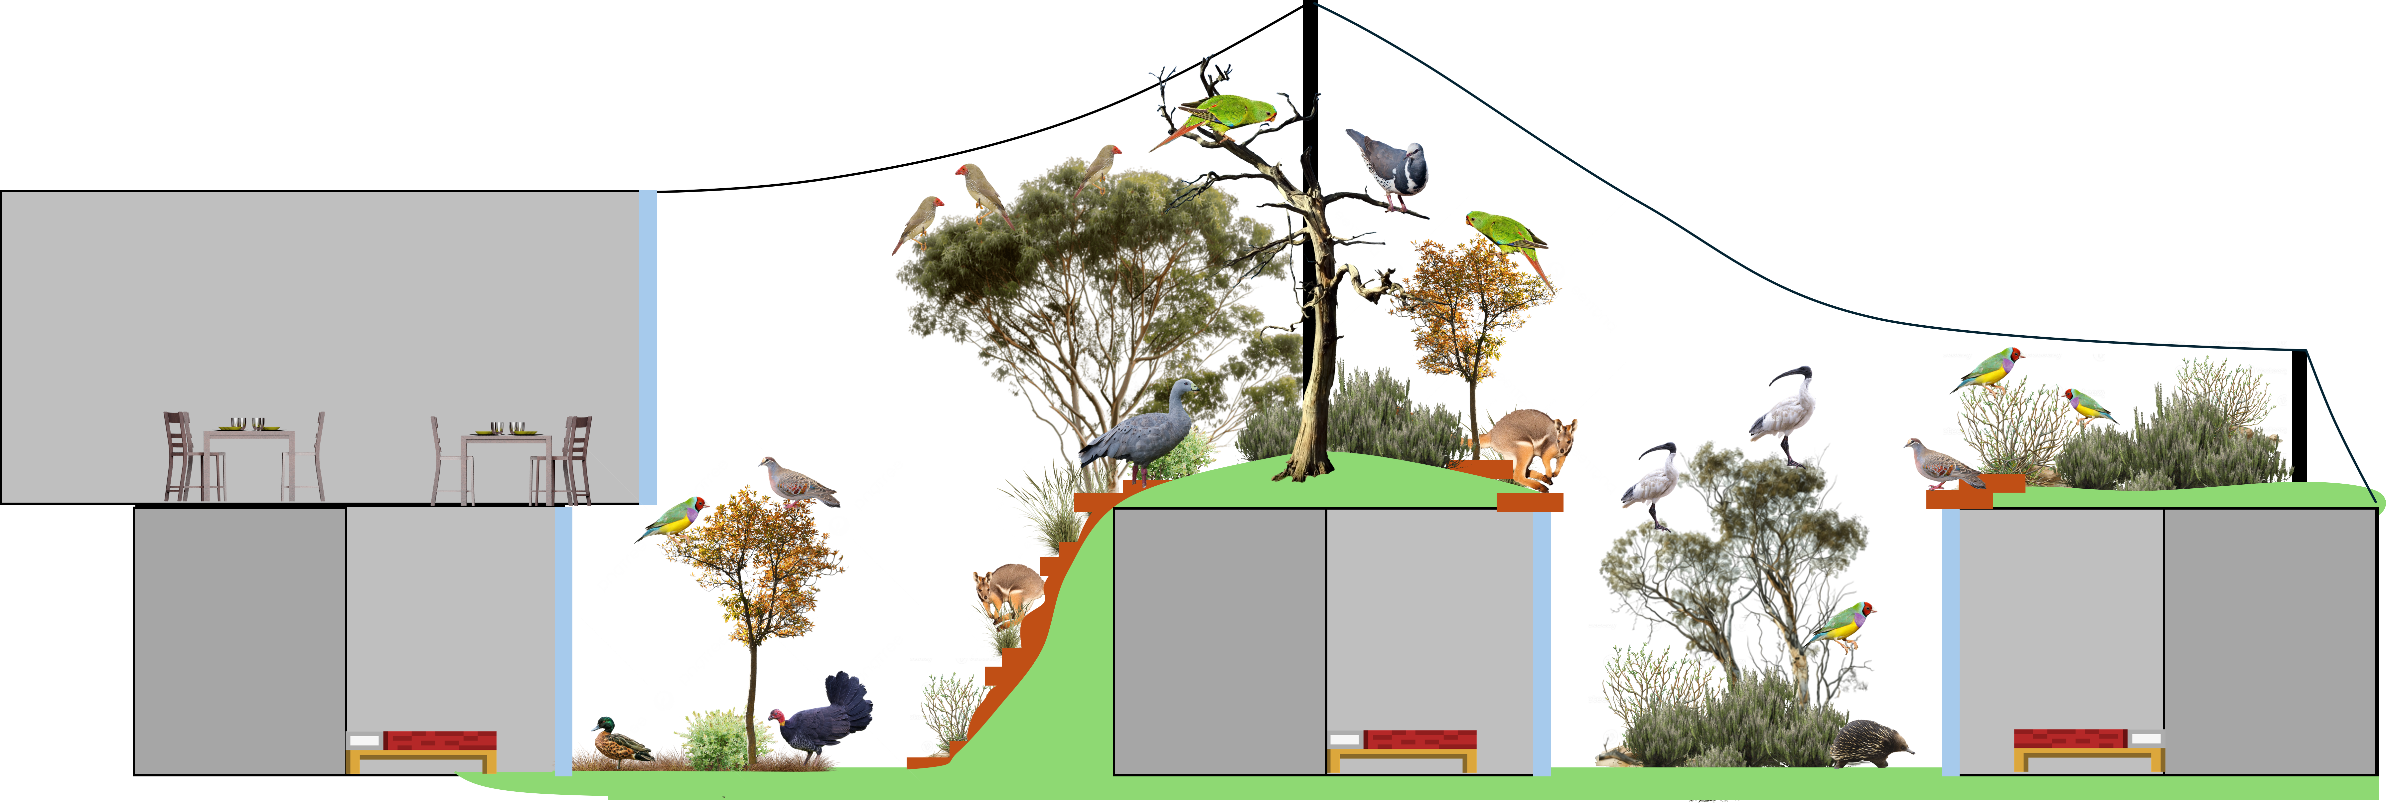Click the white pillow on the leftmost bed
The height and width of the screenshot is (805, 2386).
click(364, 741)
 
